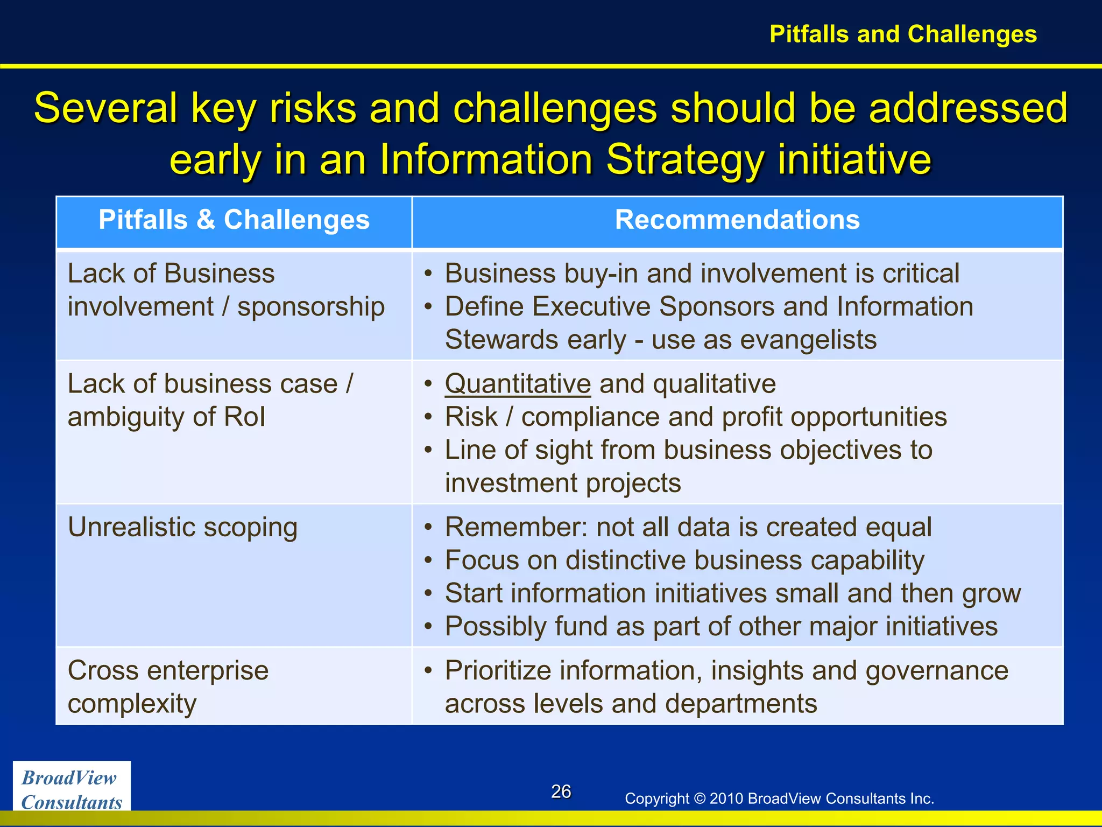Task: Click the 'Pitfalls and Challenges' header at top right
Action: pyautogui.click(x=903, y=34)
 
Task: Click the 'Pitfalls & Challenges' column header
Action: pyautogui.click(x=234, y=220)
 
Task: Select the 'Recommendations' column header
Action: pyautogui.click(x=737, y=220)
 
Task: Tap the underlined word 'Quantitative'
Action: pyautogui.click(x=518, y=384)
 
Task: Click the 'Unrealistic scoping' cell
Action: pyautogui.click(x=182, y=528)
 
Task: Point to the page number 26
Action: pyautogui.click(x=561, y=791)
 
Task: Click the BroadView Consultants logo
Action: pyautogui.click(x=72, y=789)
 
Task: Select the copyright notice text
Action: pyautogui.click(x=779, y=798)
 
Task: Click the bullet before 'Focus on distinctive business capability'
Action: pyautogui.click(x=428, y=561)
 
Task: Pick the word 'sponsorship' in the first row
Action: pyautogui.click(x=311, y=307)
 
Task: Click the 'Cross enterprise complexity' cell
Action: pyautogui.click(x=168, y=687)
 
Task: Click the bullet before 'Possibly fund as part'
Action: pyautogui.click(x=428, y=627)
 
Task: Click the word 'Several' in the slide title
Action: pyautogui.click(x=105, y=108)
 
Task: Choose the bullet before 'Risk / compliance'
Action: pyautogui.click(x=428, y=418)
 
